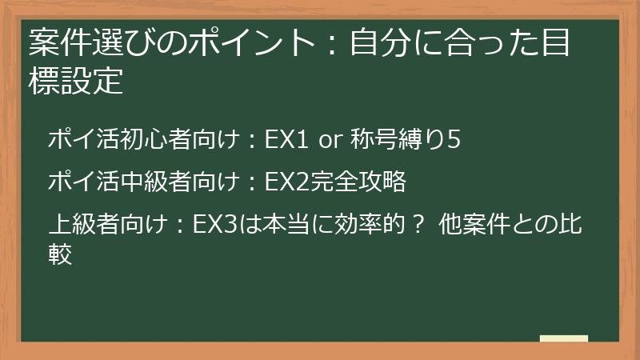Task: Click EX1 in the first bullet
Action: (x=286, y=140)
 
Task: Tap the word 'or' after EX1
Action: (x=330, y=141)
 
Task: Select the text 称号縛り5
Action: (x=405, y=140)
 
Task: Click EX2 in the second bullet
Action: (x=286, y=183)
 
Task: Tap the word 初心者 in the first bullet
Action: (x=143, y=140)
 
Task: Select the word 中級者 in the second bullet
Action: (x=143, y=183)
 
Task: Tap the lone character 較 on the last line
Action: (x=61, y=255)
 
